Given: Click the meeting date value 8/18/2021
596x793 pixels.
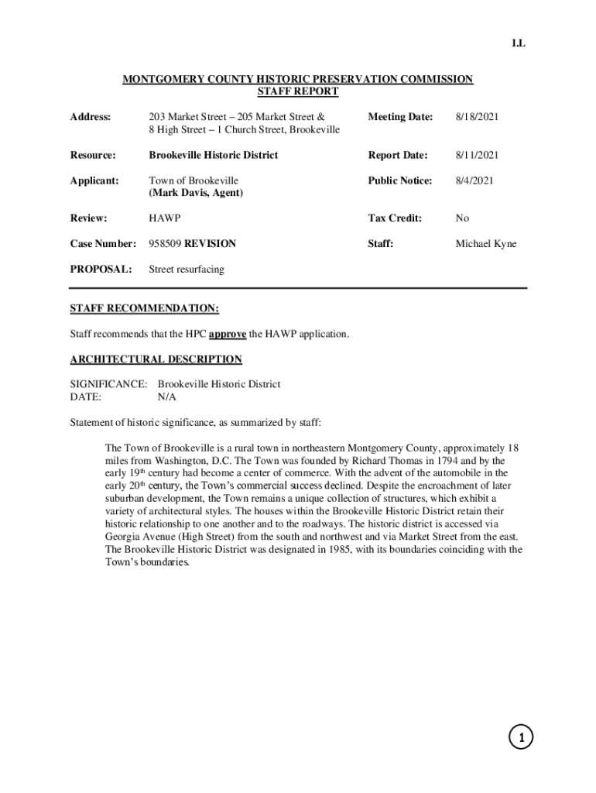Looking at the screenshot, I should (477, 117).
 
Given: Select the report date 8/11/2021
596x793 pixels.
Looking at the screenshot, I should (477, 156).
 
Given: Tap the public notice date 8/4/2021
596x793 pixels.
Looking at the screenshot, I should (474, 180).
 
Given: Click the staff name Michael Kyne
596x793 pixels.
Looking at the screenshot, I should (485, 244).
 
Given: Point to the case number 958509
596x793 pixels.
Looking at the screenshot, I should (165, 244).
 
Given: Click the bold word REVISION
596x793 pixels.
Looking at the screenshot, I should (211, 244).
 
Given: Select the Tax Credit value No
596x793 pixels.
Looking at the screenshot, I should (462, 218).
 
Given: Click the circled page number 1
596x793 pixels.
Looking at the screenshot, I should (522, 739).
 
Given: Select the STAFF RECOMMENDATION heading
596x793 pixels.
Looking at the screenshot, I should (145, 309).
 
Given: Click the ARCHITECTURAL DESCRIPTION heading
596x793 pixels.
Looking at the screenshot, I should (156, 359).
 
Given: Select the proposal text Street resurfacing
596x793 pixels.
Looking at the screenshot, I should (187, 269).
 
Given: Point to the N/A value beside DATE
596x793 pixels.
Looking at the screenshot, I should (167, 396).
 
